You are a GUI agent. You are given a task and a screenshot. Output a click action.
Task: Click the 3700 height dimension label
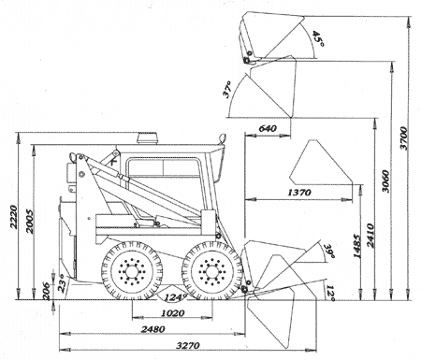tap(403, 138)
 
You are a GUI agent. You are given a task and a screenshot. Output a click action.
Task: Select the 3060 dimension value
tap(385, 181)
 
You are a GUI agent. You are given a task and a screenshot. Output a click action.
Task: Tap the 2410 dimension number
tap(370, 236)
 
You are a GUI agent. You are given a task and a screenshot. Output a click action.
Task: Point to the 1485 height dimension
tap(357, 246)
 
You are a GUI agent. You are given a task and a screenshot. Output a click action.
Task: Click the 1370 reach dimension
tap(299, 193)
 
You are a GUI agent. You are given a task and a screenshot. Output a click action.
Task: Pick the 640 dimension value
tap(268, 128)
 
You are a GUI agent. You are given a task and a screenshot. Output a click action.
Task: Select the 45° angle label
tap(318, 38)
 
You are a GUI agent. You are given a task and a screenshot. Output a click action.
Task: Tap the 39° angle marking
tap(329, 251)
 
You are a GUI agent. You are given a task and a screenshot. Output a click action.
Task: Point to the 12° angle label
tap(330, 294)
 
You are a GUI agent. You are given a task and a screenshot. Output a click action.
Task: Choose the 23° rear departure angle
tap(63, 283)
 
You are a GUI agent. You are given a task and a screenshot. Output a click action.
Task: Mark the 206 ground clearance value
tap(46, 291)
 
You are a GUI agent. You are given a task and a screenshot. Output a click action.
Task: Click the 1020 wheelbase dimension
tap(173, 312)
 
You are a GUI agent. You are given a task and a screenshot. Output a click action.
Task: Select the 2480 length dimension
tap(153, 329)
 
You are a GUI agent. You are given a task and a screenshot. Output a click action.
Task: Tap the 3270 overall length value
tap(188, 345)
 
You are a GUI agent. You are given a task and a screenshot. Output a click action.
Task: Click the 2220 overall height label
tap(13, 217)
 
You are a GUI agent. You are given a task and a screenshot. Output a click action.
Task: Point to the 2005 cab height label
tap(30, 221)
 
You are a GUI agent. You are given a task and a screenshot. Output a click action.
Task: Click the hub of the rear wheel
tap(132, 271)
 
